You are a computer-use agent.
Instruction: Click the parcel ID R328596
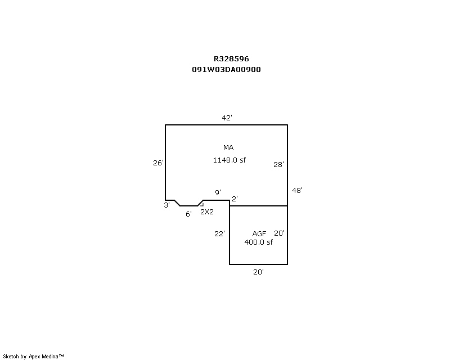click(231, 59)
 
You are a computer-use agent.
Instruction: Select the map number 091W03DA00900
click(227, 70)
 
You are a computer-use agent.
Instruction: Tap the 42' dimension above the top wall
click(227, 118)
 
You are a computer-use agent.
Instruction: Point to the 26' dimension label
click(158, 163)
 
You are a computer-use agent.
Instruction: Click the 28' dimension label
click(278, 164)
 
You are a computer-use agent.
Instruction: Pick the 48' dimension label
click(298, 190)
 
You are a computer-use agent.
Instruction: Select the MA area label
click(228, 147)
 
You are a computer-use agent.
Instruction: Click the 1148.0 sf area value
click(229, 160)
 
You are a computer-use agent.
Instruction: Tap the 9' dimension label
click(218, 192)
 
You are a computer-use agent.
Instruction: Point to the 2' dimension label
click(235, 199)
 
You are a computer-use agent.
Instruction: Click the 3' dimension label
click(166, 205)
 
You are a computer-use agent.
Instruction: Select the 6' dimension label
click(188, 214)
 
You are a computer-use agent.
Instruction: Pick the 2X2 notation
click(207, 212)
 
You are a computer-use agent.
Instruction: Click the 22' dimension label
click(219, 233)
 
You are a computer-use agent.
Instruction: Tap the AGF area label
click(259, 233)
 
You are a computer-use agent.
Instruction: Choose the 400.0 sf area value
click(259, 242)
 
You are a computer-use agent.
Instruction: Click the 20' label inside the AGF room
click(279, 233)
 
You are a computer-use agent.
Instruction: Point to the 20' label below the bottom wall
click(259, 272)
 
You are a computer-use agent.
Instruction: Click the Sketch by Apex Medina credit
click(33, 357)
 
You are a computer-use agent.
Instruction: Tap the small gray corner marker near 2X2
click(202, 205)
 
